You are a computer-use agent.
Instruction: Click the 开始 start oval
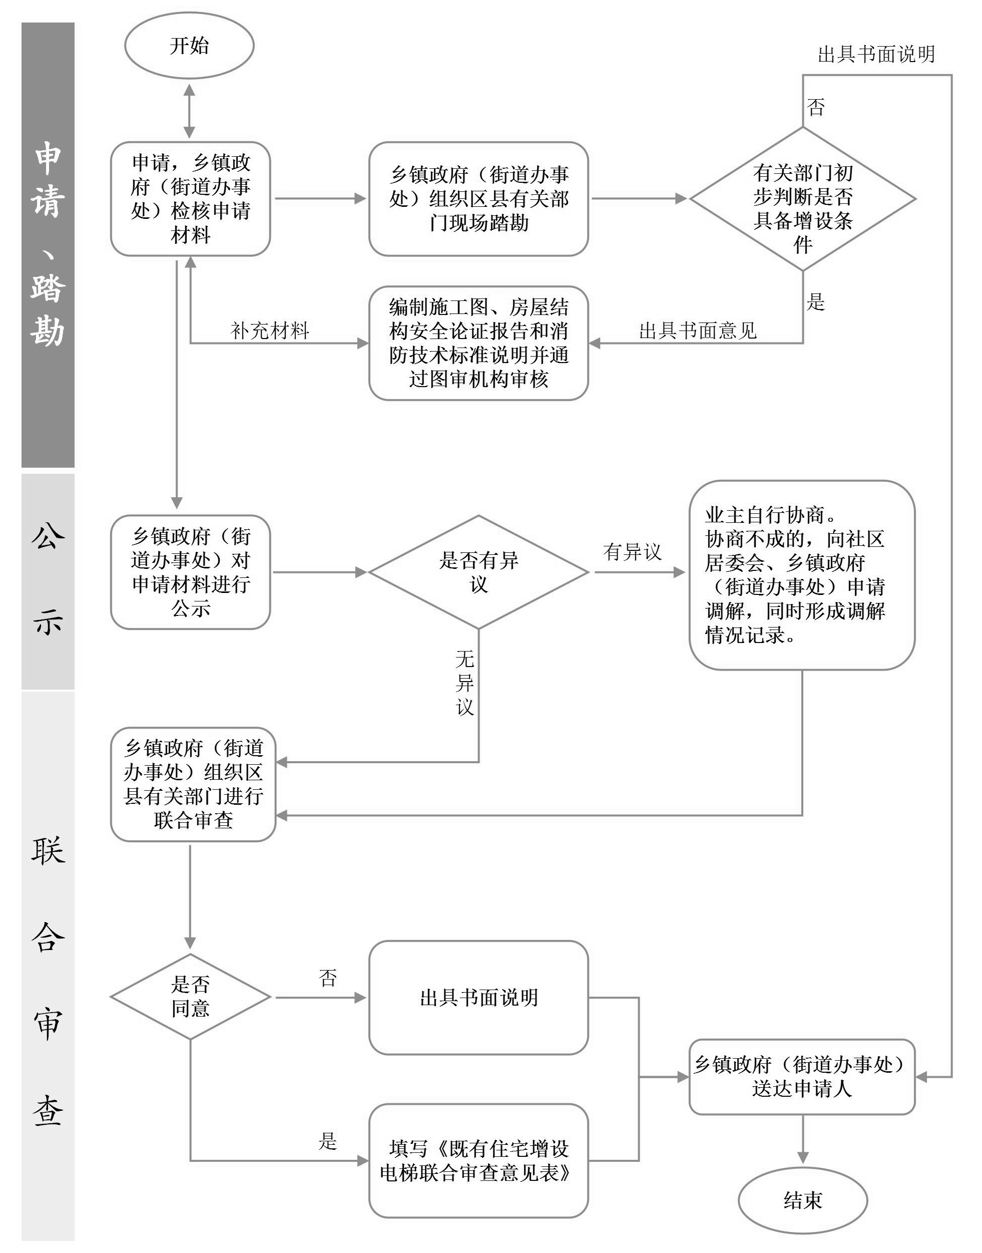click(189, 46)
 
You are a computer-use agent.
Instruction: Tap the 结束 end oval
click(803, 1199)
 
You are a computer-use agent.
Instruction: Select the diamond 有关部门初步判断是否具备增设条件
click(803, 198)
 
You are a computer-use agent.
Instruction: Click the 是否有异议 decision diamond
click(478, 572)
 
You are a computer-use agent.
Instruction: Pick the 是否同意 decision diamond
click(190, 997)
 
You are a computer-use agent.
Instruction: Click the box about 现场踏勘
click(478, 198)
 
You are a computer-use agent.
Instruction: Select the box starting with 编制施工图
click(478, 343)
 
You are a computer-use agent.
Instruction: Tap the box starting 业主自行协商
click(801, 575)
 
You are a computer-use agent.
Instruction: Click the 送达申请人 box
click(801, 1076)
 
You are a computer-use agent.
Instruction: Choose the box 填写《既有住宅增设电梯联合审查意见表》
click(478, 1160)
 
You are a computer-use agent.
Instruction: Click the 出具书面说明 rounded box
click(478, 997)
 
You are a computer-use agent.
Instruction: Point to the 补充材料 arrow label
click(270, 331)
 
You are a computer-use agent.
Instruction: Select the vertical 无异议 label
click(464, 683)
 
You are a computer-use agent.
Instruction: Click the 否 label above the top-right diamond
click(816, 108)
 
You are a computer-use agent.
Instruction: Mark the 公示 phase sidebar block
click(48, 581)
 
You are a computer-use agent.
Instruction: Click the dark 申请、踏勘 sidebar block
click(48, 244)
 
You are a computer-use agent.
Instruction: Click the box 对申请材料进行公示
click(190, 572)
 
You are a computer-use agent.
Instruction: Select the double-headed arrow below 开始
click(189, 111)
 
